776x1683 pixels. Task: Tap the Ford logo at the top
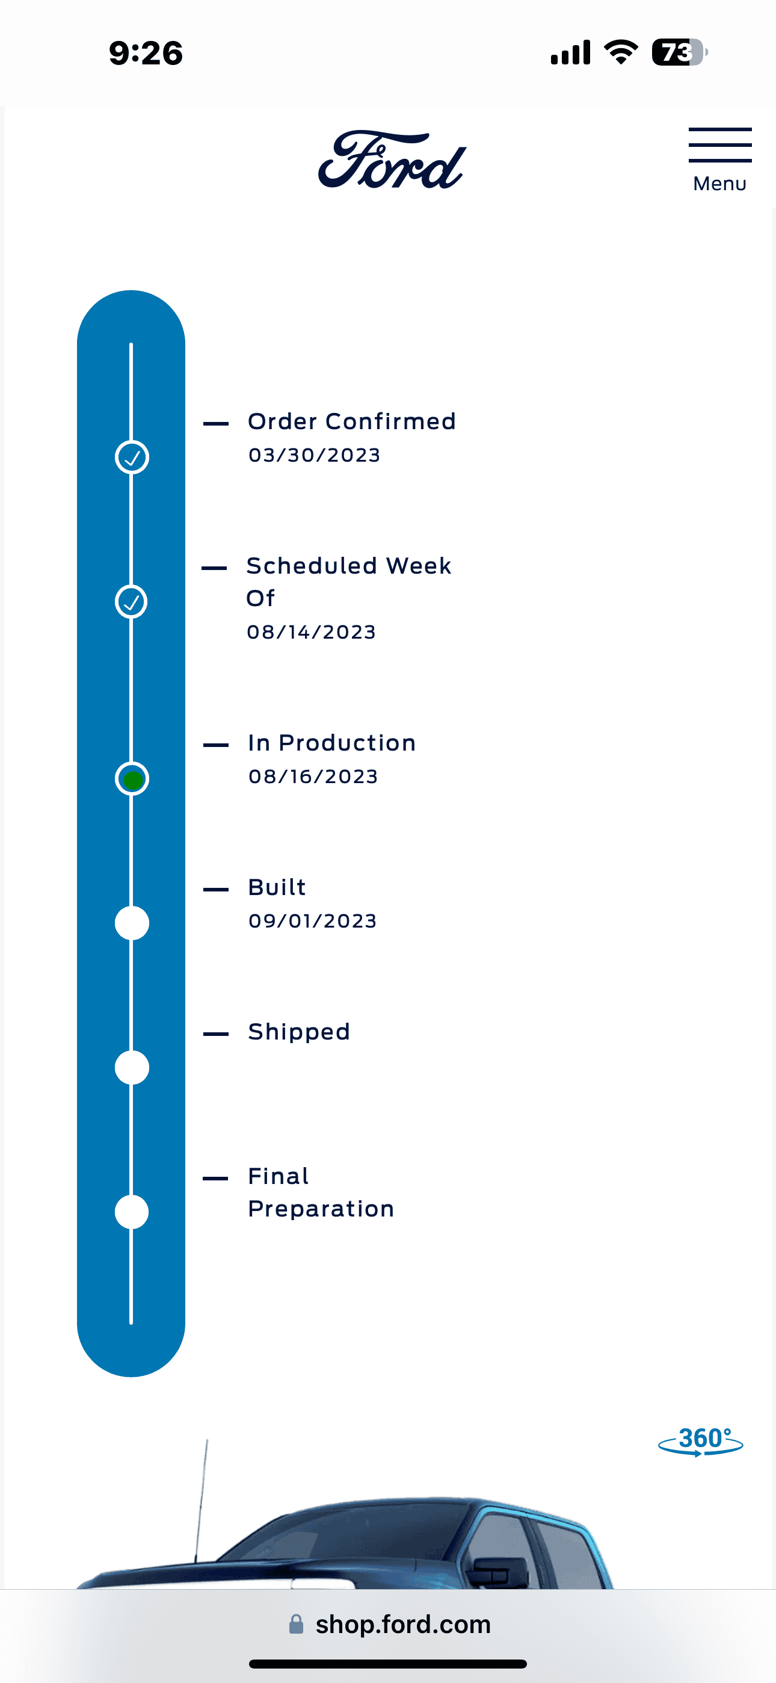pos(392,160)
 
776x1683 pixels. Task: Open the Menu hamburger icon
pos(720,146)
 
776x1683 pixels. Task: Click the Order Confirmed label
pos(351,421)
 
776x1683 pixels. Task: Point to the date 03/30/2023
pos(314,456)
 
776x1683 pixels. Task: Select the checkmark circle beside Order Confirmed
pos(132,457)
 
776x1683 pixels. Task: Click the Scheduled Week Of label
pos(348,581)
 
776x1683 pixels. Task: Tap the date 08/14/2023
pos(312,633)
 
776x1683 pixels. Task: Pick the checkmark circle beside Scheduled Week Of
pos(132,602)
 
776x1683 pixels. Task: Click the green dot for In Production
pos(132,780)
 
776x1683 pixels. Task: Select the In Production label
pos(332,743)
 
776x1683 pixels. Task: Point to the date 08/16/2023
pos(313,777)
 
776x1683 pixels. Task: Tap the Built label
pos(277,887)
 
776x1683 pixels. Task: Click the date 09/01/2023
pos(312,921)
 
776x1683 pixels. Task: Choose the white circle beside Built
pos(132,923)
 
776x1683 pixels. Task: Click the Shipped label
pos(298,1032)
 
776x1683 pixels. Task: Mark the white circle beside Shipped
pos(132,1068)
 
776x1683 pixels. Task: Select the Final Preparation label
pos(321,1192)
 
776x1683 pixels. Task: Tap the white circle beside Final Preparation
pos(132,1212)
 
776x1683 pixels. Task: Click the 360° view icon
pos(701,1440)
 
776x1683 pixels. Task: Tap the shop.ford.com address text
pos(402,1624)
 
